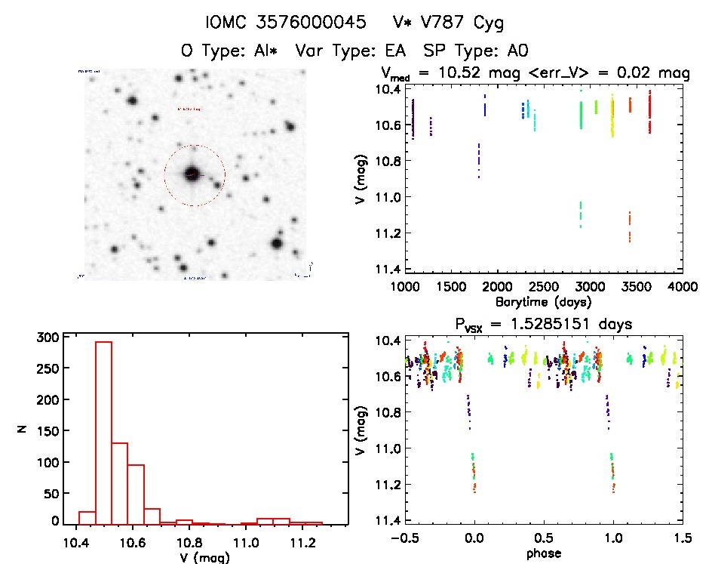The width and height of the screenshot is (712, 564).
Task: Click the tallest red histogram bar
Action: (x=103, y=432)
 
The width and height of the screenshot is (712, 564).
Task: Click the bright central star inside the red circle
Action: (x=192, y=174)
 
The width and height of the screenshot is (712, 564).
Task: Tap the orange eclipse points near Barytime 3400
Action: (x=629, y=227)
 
